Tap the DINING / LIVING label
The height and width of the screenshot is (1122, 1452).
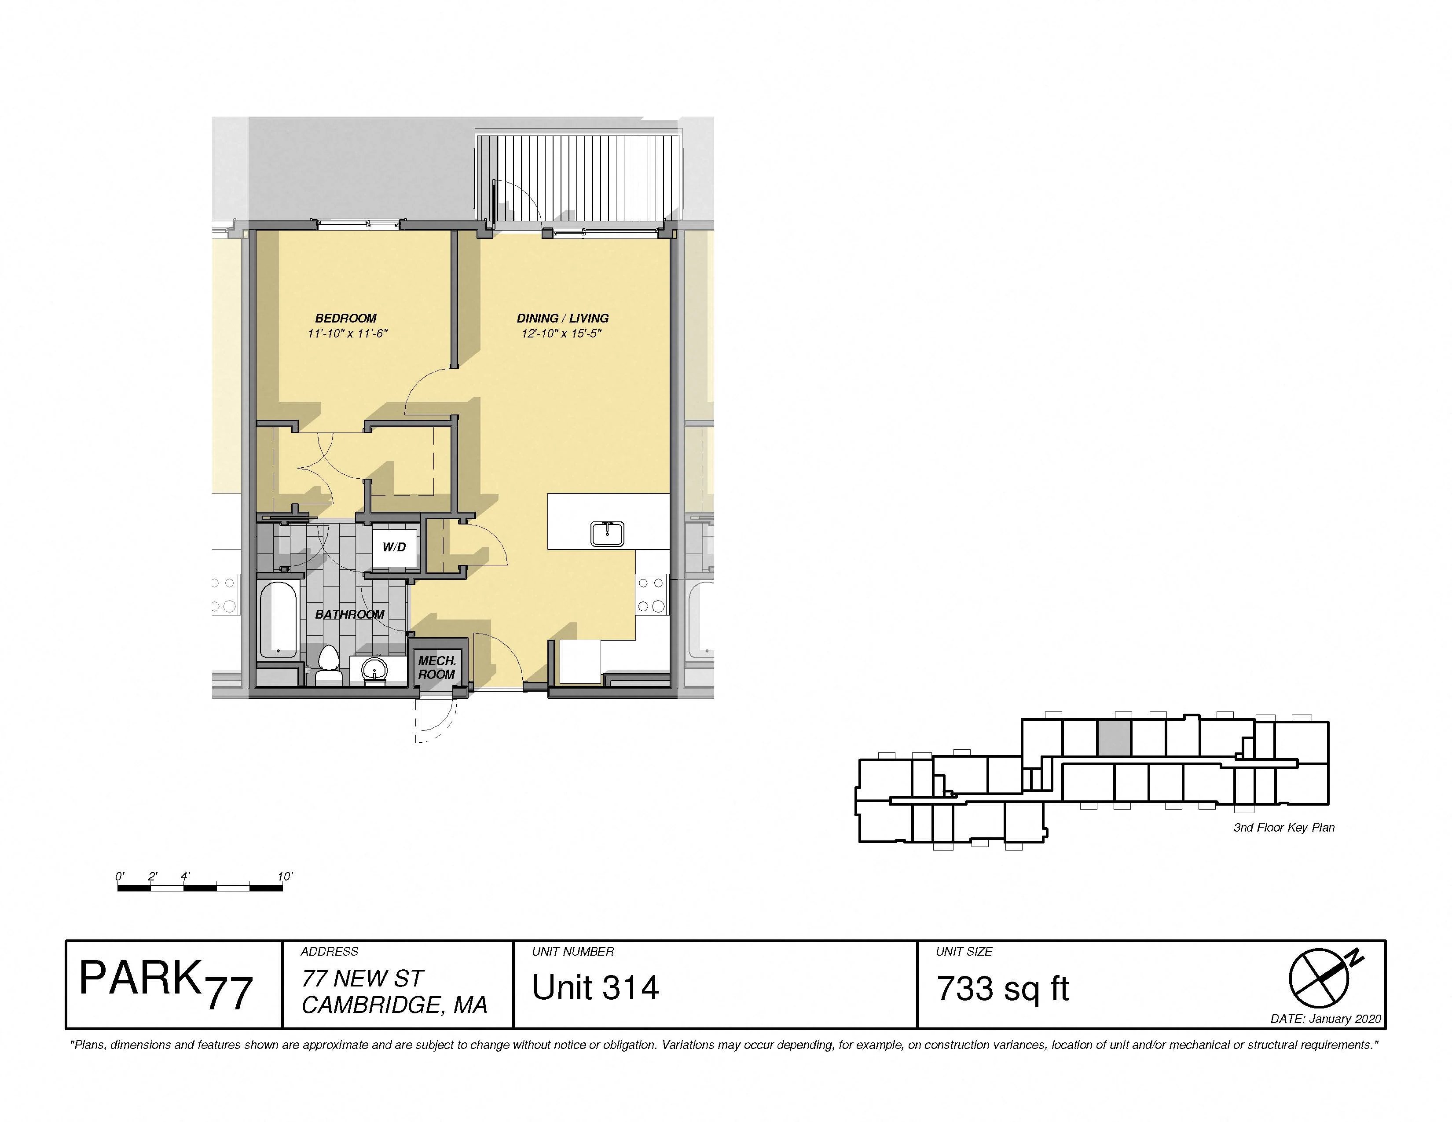coord(562,319)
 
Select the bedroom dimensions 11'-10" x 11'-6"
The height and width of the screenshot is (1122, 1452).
coord(347,334)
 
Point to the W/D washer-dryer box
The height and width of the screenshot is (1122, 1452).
coord(394,547)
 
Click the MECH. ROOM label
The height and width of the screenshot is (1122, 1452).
coord(437,667)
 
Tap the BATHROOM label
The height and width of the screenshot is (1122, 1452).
coord(350,614)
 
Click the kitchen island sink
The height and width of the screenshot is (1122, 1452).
coord(607,534)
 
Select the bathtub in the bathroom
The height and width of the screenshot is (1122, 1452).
coord(278,620)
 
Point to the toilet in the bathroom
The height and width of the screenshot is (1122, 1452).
coord(328,665)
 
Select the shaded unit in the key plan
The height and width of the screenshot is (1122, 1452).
coord(1114,738)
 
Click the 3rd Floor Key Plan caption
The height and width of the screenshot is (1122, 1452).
coord(1284,828)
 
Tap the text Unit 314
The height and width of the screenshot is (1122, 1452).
coord(595,988)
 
